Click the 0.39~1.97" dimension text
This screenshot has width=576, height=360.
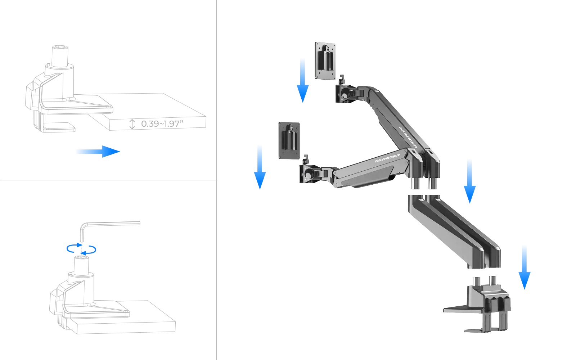(x=162, y=124)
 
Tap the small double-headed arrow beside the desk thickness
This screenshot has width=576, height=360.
(x=132, y=124)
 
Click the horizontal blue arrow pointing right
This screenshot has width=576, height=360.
(x=98, y=152)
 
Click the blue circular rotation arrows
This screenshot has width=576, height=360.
(x=81, y=249)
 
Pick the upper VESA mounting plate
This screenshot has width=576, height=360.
(x=325, y=61)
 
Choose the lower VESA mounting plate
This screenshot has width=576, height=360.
(x=289, y=140)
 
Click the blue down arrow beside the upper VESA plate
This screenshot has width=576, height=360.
(x=303, y=81)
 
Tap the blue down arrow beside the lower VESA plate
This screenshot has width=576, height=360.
(x=260, y=167)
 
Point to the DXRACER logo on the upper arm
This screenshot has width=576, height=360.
(x=408, y=137)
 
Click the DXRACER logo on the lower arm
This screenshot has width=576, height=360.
(x=387, y=158)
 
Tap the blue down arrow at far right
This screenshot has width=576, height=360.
(x=524, y=267)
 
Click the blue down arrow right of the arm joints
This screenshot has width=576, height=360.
(x=469, y=181)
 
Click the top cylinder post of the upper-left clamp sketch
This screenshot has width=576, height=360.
(x=60, y=56)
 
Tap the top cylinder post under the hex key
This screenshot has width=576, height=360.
(x=81, y=266)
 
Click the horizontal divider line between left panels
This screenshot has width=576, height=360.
(x=108, y=180)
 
